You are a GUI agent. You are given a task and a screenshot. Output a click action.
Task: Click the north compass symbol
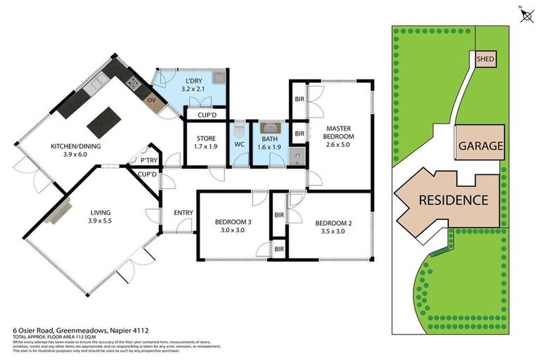[525, 15]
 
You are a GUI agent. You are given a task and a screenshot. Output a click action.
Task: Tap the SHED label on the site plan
[485, 60]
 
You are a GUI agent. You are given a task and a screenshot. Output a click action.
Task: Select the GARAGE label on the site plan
[481, 146]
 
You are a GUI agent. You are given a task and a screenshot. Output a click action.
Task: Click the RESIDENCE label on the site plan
[454, 200]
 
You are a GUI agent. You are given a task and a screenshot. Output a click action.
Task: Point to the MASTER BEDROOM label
[339, 136]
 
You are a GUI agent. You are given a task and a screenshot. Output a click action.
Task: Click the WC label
[238, 146]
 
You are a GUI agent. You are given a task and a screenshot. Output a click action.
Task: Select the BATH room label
[269, 143]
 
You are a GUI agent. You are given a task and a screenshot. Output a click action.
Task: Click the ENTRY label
[184, 213]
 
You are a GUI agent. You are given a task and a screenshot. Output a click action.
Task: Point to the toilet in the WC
[239, 129]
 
